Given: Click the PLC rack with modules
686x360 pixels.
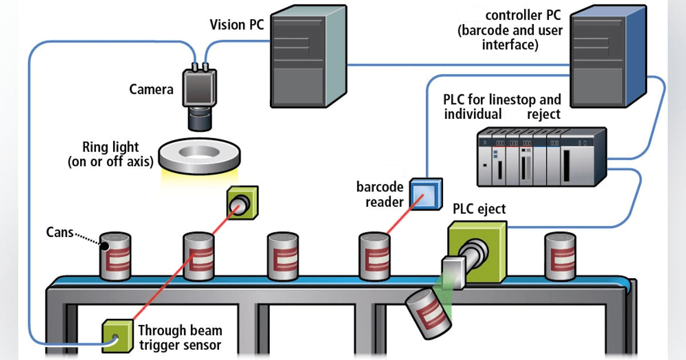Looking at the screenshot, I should pyautogui.click(x=540, y=157).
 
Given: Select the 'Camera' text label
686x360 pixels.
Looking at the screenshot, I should pyautogui.click(x=151, y=89).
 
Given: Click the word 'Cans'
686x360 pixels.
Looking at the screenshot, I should pyautogui.click(x=60, y=233).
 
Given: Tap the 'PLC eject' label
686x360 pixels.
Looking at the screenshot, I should pyautogui.click(x=479, y=209).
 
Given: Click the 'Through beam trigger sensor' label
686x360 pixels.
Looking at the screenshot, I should pyautogui.click(x=180, y=337).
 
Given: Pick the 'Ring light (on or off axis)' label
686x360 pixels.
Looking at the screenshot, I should pyautogui.click(x=110, y=154).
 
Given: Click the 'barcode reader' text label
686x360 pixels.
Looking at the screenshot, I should pyautogui.click(x=380, y=194).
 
